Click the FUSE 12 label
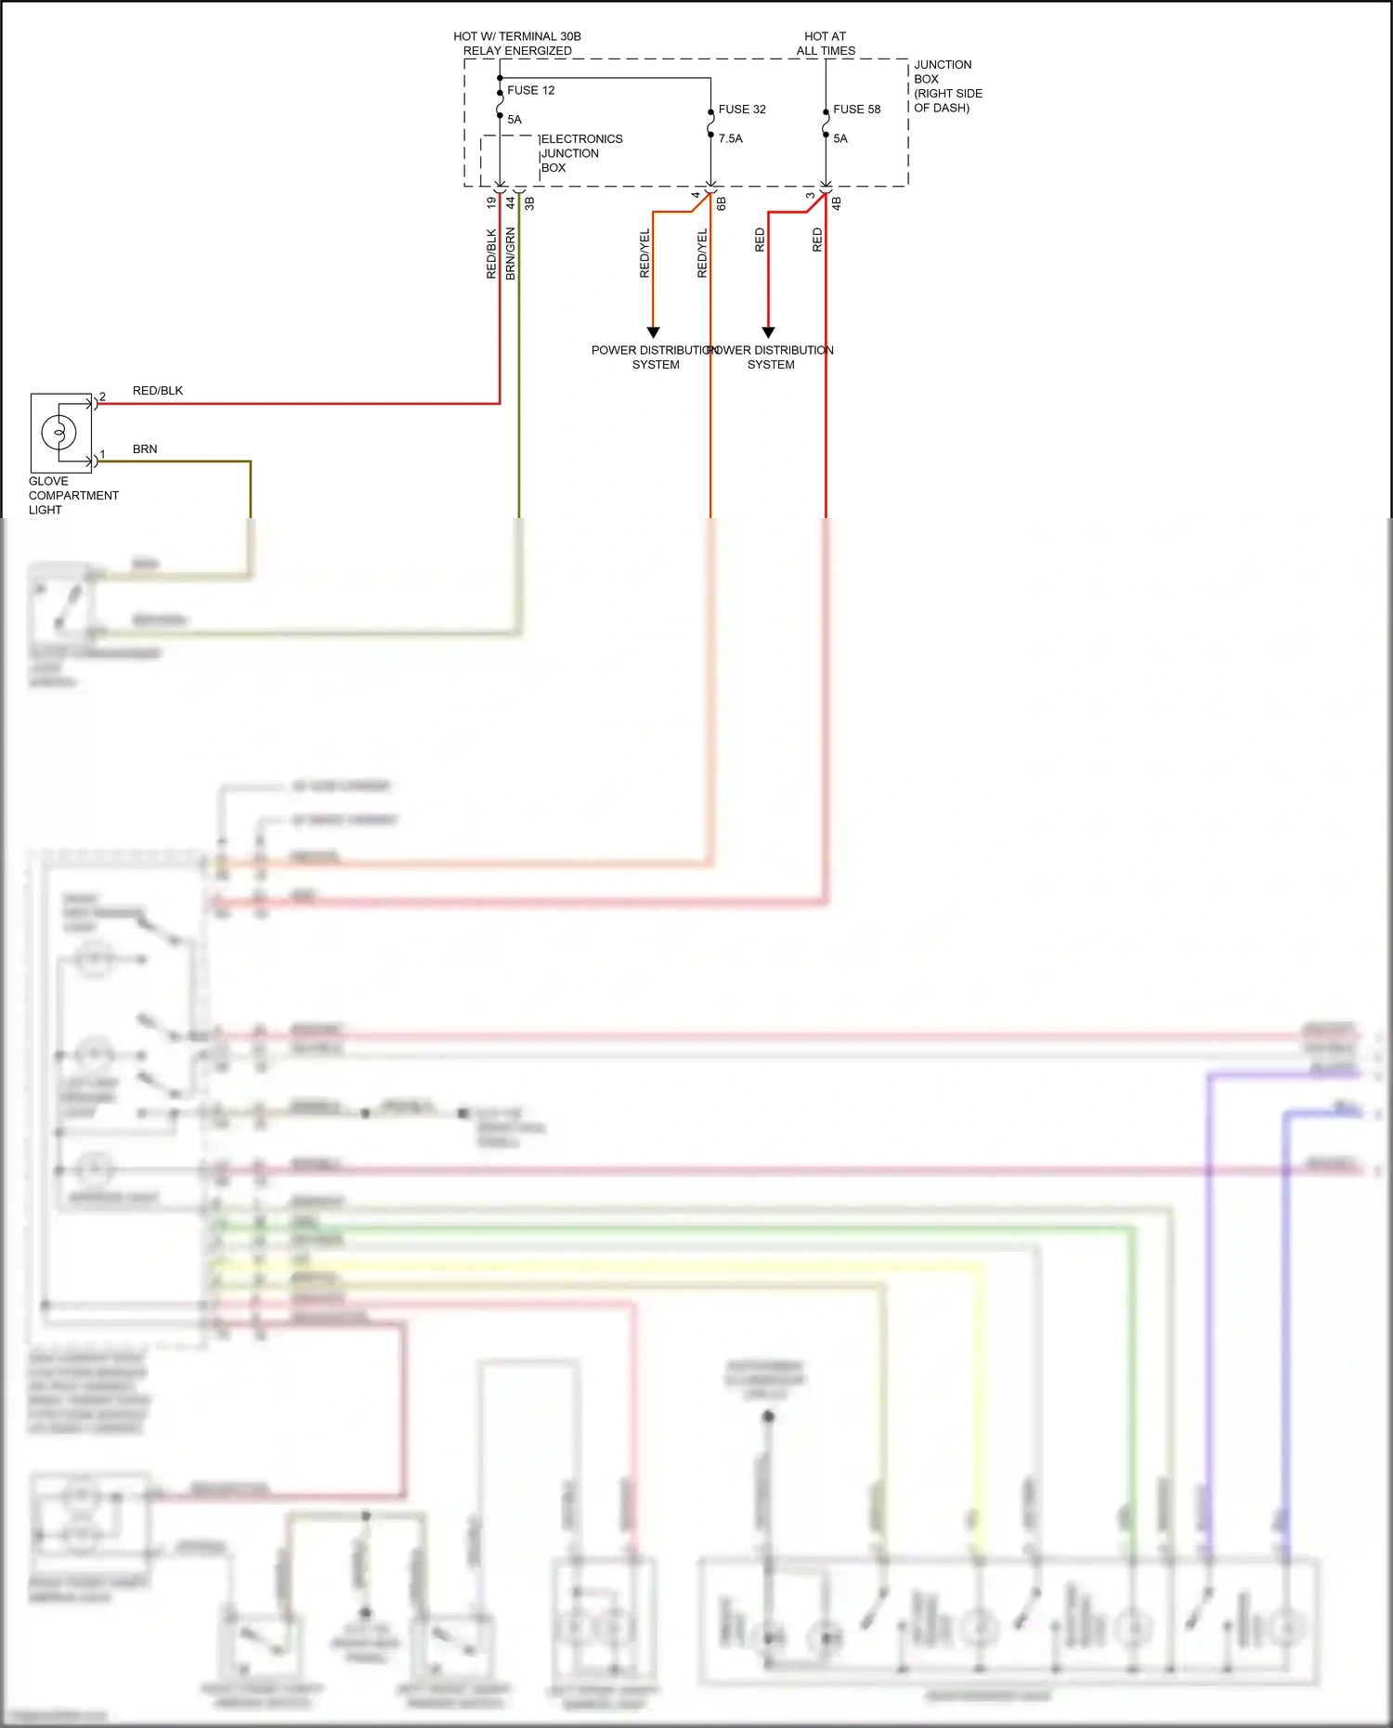pos(530,90)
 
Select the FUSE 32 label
pos(742,109)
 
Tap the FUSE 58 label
pos(856,109)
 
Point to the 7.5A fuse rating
pos(730,138)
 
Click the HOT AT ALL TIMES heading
pos(826,44)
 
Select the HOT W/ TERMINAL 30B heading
pos(517,37)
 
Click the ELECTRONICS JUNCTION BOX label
pos(580,153)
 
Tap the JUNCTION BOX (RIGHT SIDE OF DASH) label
pos(947,86)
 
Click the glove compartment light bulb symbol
pos(59,433)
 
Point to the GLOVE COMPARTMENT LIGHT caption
pos(72,495)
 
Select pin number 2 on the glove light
pos(103,396)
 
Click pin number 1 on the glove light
pos(103,454)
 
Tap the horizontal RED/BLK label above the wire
pos(158,390)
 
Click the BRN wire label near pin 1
pos(145,448)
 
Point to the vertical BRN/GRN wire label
pos(511,253)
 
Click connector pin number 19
pos(491,201)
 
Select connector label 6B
pos(722,202)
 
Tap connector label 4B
pos(836,202)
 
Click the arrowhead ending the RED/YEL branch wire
pos(653,332)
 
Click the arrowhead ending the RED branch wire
pos(768,332)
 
